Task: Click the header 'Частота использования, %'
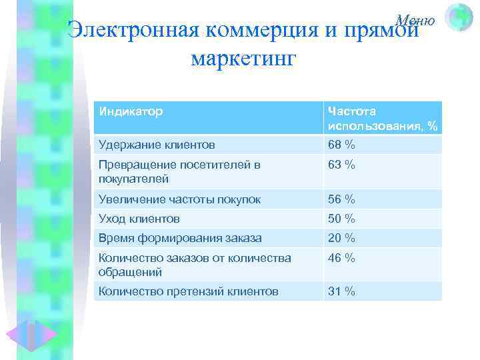tap(382, 118)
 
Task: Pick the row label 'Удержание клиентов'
tap(157, 144)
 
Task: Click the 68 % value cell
tap(341, 144)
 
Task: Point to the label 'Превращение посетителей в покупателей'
tap(179, 171)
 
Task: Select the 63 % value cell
tap(341, 164)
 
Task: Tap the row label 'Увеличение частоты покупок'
tap(179, 199)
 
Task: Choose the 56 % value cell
tap(341, 199)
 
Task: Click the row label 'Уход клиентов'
tap(139, 218)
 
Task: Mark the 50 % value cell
tap(341, 218)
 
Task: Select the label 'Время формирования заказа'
tap(180, 237)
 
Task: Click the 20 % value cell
tap(341, 237)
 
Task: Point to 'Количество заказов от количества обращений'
tap(194, 265)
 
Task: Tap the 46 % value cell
tap(341, 257)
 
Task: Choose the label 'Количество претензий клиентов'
tap(188, 291)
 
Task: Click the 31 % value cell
tap(341, 291)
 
